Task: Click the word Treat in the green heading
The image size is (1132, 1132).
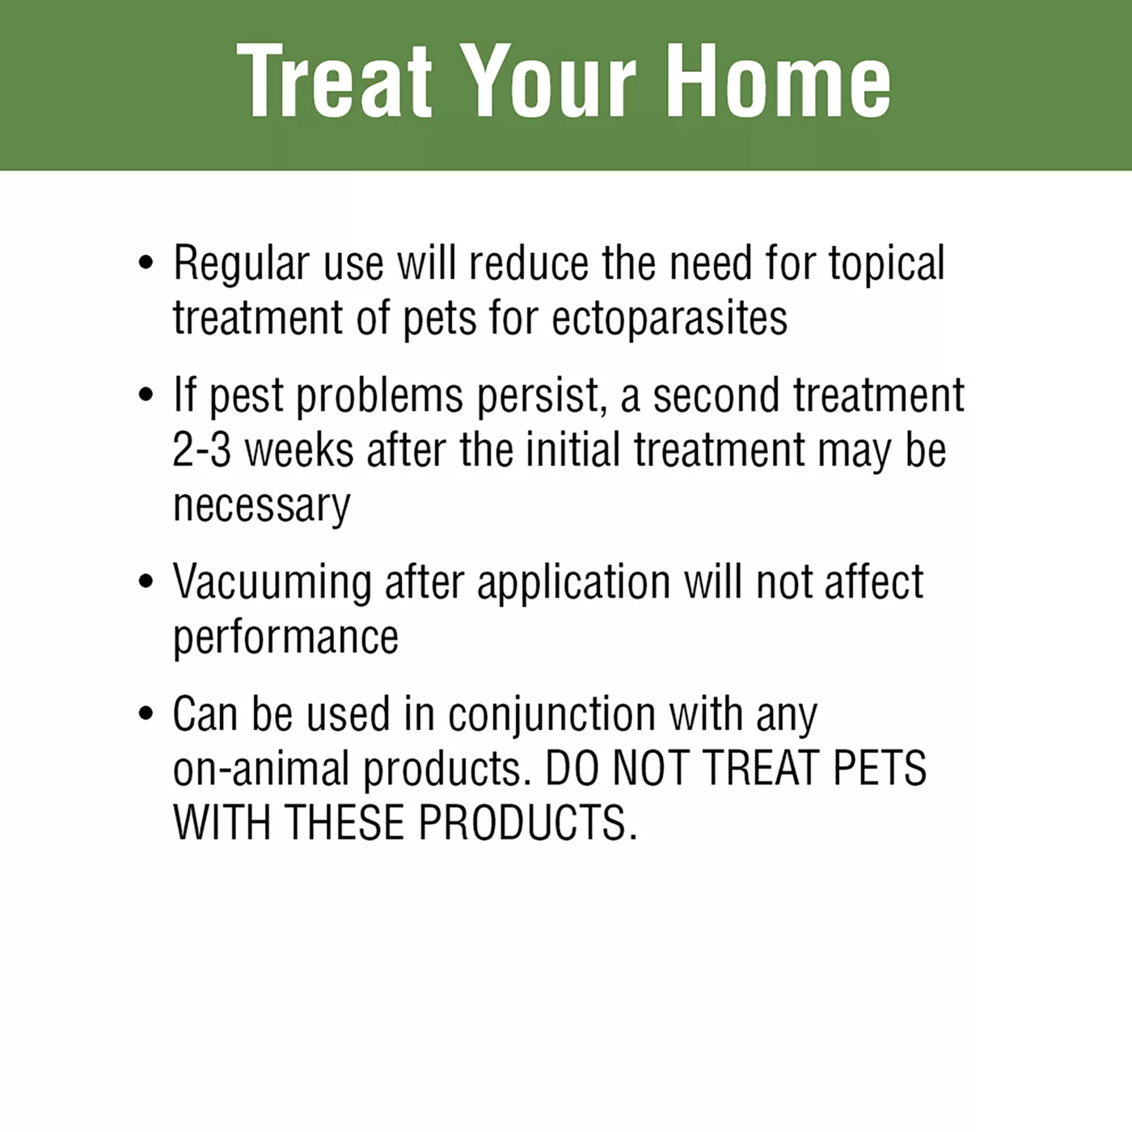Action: point(335,81)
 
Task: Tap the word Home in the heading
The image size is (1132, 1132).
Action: point(778,81)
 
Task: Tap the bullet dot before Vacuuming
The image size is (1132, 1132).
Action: point(145,581)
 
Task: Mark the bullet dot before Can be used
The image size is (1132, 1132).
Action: point(145,713)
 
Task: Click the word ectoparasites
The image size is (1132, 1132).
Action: point(669,319)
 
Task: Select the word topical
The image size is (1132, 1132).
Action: point(887,264)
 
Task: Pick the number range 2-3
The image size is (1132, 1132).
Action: point(201,450)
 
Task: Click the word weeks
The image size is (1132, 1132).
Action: point(299,450)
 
